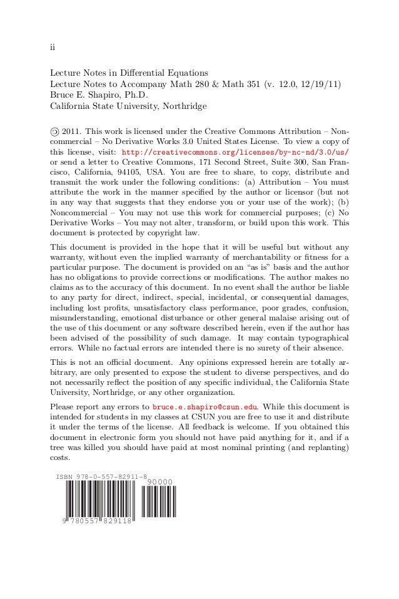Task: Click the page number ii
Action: [x=53, y=48]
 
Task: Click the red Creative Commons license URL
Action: [x=235, y=152]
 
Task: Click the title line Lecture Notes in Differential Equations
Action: [x=129, y=73]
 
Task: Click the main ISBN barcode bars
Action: [x=98, y=503]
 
